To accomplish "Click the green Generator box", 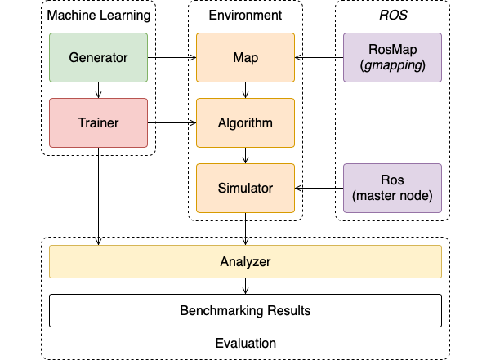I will [x=98, y=57].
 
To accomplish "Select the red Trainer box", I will [x=98, y=123].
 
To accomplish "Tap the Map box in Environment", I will [x=245, y=57].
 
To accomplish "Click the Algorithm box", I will [x=245, y=123].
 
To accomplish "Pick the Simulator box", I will [x=245, y=188].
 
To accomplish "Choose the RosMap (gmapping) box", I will [x=392, y=57].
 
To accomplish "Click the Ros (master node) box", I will [x=392, y=188].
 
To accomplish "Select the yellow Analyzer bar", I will [x=245, y=262].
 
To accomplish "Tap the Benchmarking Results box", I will [x=245, y=311].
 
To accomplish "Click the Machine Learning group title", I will [x=98, y=16].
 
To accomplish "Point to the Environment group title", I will [x=245, y=16].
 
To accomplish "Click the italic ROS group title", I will [x=392, y=16].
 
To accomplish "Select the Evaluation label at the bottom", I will [x=245, y=344].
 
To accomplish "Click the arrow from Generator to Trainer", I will [x=98, y=90].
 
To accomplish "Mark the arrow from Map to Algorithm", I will [x=245, y=90].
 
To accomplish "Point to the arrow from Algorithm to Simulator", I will [x=245, y=155].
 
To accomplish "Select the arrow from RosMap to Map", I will [x=319, y=58].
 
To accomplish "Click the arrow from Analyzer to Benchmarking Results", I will [x=245, y=286].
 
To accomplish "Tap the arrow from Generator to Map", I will [x=172, y=58].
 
